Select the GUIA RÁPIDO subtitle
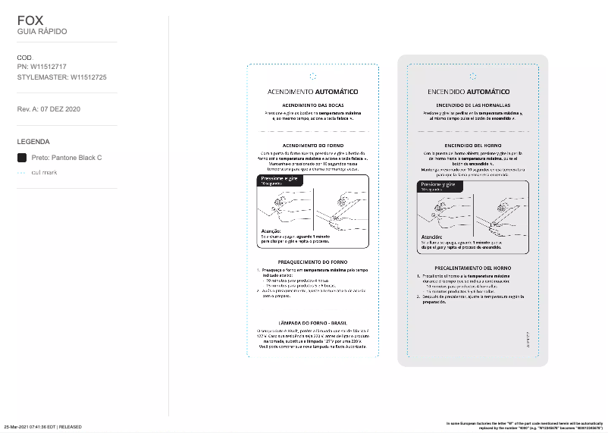(x=42, y=32)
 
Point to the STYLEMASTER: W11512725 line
(x=61, y=77)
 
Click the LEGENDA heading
(x=33, y=141)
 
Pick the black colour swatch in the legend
(x=21, y=158)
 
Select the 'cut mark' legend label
(x=44, y=173)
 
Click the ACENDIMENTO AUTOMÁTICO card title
(x=312, y=92)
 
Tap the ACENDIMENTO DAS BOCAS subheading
(x=312, y=105)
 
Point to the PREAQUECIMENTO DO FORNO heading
(x=312, y=262)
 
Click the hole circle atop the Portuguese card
(x=313, y=76)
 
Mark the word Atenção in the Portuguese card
(x=271, y=231)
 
